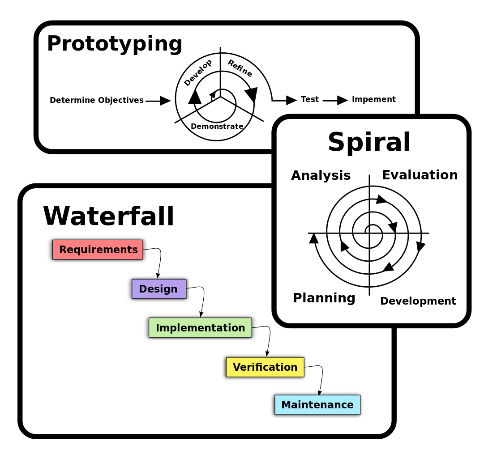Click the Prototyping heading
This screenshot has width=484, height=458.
point(114,44)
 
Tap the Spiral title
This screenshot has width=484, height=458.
point(369,142)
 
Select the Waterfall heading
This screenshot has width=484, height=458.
point(108,216)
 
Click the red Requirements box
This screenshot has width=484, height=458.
point(98,250)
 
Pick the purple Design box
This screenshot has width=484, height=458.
point(158,289)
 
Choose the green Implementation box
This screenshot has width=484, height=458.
point(200,328)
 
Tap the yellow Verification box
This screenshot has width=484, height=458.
point(265,367)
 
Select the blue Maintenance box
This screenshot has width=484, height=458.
point(317,405)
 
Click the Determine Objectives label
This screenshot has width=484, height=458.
point(96,100)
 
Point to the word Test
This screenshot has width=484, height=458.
point(309,99)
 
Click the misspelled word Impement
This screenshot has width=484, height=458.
point(373,99)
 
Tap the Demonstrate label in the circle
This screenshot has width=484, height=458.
point(217,127)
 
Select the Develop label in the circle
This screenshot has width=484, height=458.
point(198,72)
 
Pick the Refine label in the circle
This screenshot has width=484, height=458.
point(240,68)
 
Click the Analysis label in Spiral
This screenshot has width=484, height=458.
point(321,175)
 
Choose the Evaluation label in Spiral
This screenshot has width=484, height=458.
point(420,175)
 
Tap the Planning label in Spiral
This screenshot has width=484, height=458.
point(324,298)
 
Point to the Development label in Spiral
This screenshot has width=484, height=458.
point(418,301)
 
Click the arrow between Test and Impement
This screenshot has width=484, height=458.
point(335,101)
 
